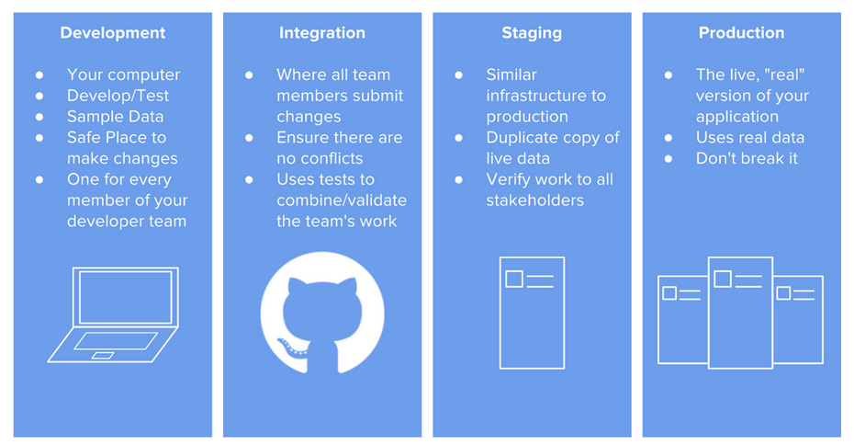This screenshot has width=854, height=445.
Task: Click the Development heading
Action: (112, 33)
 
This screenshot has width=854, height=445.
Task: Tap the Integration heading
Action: (321, 33)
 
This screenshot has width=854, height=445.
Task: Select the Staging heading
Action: (532, 33)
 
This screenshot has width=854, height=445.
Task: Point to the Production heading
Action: (741, 33)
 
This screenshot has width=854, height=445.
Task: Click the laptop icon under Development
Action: (113, 314)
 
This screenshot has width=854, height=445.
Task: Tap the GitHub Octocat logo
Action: (322, 314)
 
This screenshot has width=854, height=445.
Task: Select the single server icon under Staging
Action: (532, 313)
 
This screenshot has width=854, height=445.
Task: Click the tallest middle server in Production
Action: (740, 313)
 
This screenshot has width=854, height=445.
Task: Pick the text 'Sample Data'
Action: (115, 117)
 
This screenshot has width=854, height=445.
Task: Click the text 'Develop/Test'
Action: (118, 96)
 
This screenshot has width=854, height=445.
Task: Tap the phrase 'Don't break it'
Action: (747, 158)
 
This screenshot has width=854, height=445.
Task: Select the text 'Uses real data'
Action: (749, 138)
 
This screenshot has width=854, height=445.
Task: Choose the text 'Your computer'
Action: (123, 74)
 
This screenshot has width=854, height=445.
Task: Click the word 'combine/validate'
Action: (342, 200)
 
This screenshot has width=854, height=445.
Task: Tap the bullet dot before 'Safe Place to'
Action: (39, 138)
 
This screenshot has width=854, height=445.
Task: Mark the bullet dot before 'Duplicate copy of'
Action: (459, 138)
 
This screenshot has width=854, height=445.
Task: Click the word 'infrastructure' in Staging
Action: (545, 96)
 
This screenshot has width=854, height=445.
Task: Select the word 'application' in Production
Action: (736, 117)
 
